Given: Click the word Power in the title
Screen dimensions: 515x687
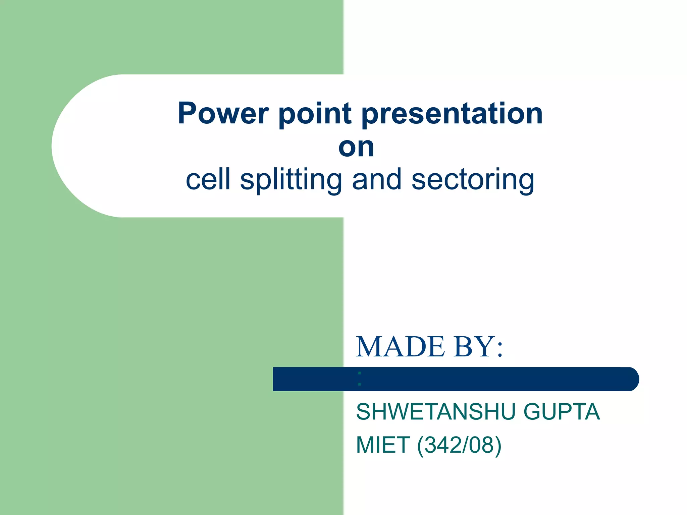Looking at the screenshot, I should [223, 113].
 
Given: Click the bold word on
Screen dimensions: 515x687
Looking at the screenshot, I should [356, 147].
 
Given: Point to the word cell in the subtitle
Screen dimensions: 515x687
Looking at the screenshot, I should [208, 179].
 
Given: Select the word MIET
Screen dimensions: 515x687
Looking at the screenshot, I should [383, 445].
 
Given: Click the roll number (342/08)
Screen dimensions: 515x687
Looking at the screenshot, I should [459, 445].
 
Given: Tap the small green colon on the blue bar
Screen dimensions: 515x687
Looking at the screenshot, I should [360, 379].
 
